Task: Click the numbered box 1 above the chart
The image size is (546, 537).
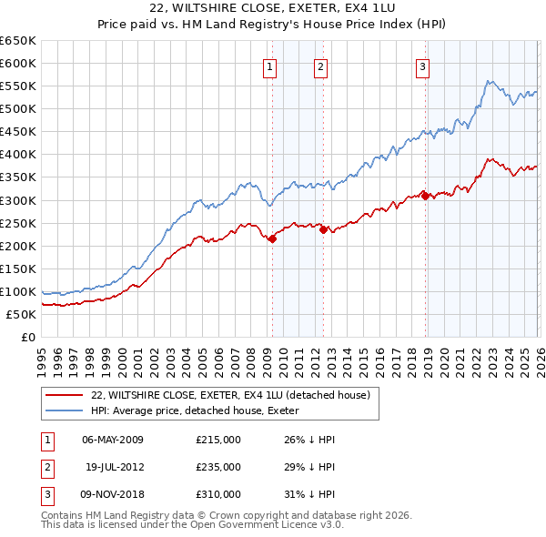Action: coord(271,65)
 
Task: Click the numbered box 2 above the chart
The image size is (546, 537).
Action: coord(321,65)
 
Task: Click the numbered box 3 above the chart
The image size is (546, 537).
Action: coord(424,65)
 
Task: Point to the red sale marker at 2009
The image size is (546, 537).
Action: coord(272,238)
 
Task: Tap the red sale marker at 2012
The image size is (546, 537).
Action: coord(323,229)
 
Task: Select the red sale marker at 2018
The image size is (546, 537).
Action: coord(425,196)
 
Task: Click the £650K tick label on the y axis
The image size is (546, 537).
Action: coord(18,41)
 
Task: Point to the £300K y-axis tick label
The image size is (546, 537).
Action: coord(18,200)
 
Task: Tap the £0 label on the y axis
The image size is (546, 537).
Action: coord(27,337)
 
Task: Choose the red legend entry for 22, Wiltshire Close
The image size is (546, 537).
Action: coord(230,395)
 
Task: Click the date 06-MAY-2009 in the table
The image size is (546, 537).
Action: coord(113,439)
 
